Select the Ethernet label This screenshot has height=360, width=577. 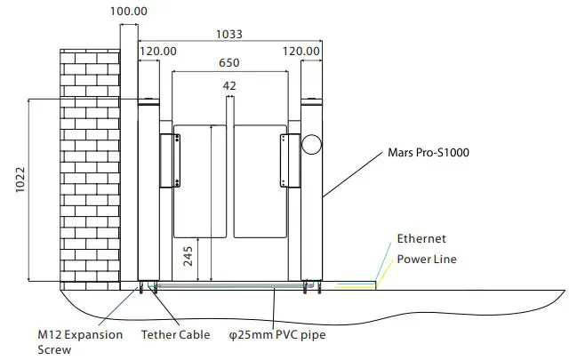[421, 239]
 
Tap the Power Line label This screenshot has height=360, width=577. [427, 260]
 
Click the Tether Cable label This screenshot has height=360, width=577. [176, 335]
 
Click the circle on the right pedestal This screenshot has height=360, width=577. [311, 143]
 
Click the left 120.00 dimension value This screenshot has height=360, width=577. [156, 52]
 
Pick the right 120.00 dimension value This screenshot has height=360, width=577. [301, 52]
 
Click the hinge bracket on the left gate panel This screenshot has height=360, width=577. [168, 160]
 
